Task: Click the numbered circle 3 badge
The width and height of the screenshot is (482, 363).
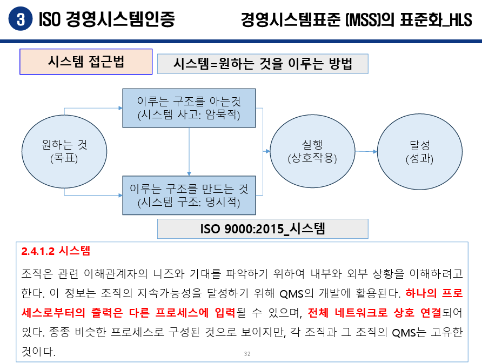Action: [21, 19]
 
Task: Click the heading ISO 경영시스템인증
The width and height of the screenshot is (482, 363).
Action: [107, 19]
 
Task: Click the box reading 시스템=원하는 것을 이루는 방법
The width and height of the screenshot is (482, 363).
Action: [263, 64]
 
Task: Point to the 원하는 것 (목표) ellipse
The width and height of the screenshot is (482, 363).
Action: [64, 152]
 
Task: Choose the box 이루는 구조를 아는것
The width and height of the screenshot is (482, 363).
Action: [189, 108]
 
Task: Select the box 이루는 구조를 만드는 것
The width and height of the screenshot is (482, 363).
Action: [189, 196]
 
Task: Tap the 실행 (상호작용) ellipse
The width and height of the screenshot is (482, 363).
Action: [312, 152]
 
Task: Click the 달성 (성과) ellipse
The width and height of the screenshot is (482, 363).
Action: [419, 152]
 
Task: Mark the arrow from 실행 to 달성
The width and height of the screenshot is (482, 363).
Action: [366, 152]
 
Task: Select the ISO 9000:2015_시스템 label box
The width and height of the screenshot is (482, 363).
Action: [263, 228]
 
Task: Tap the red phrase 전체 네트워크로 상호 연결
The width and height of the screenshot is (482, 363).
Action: [375, 313]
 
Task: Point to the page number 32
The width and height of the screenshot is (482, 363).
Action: [247, 354]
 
